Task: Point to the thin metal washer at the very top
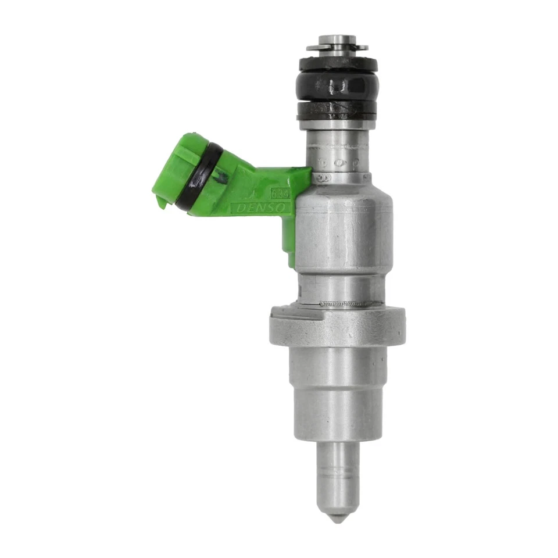pyautogui.click(x=337, y=47)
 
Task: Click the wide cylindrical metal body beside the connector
pyautogui.click(x=343, y=233)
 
